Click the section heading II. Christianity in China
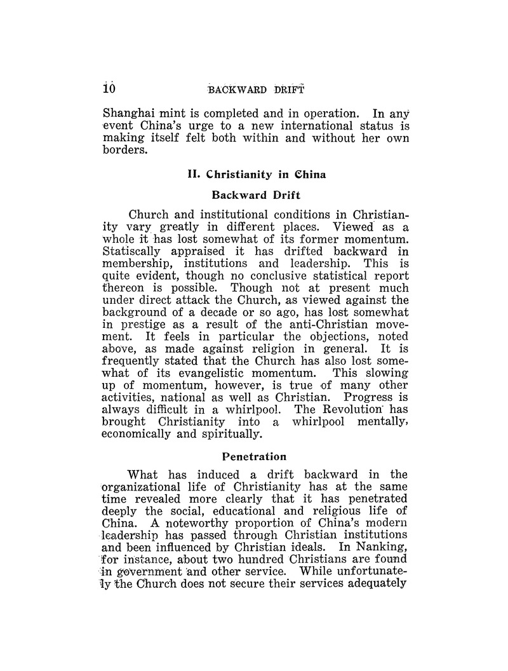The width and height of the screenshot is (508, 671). tap(253, 175)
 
